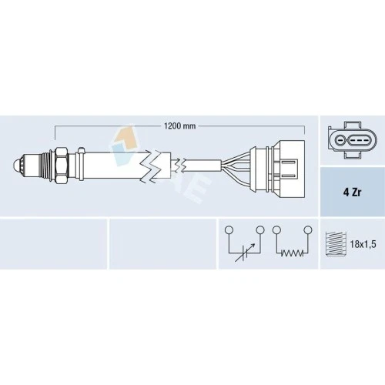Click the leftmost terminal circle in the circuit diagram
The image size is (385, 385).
click(x=229, y=229)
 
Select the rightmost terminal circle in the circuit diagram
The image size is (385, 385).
click(x=307, y=229)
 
